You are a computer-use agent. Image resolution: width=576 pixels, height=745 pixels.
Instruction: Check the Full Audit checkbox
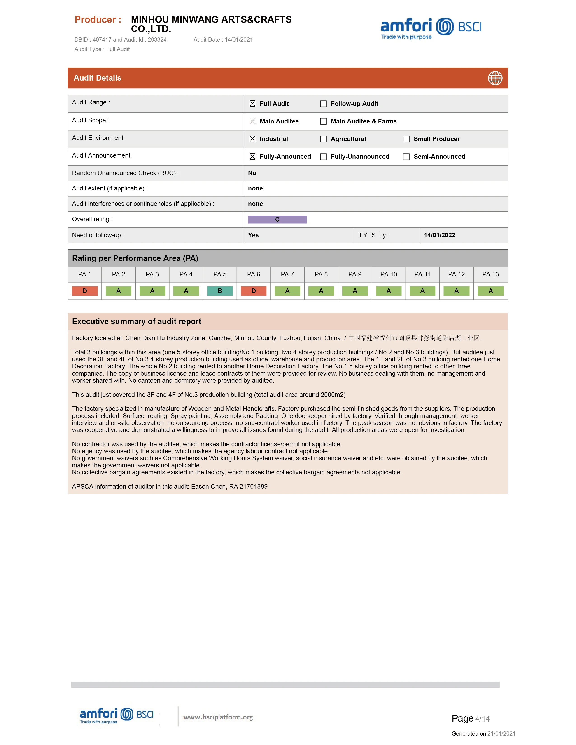(x=252, y=104)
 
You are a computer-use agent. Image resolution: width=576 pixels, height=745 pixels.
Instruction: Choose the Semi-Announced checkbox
(x=406, y=157)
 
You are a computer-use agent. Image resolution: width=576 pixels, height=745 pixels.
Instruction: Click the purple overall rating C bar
(x=277, y=219)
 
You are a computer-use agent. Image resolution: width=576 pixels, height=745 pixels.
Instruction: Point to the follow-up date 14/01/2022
(x=439, y=235)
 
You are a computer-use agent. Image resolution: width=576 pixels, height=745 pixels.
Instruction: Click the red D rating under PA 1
(x=85, y=291)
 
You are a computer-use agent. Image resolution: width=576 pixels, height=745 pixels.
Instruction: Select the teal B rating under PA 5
(x=220, y=291)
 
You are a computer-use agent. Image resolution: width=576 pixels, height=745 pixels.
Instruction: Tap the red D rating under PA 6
(x=254, y=291)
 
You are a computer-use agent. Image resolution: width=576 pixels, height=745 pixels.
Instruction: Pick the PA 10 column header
(x=389, y=274)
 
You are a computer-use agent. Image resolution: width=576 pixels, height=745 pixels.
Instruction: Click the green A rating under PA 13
(x=490, y=291)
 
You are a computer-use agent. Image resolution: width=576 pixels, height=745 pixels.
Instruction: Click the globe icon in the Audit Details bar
(x=495, y=78)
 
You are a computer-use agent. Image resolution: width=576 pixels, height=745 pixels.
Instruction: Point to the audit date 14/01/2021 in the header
(x=238, y=39)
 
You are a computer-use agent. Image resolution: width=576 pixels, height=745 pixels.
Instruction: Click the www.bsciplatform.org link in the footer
(x=218, y=717)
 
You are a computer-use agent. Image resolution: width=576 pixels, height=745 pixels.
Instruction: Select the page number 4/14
(x=482, y=719)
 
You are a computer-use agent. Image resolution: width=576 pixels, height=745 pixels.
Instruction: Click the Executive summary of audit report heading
(x=137, y=321)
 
